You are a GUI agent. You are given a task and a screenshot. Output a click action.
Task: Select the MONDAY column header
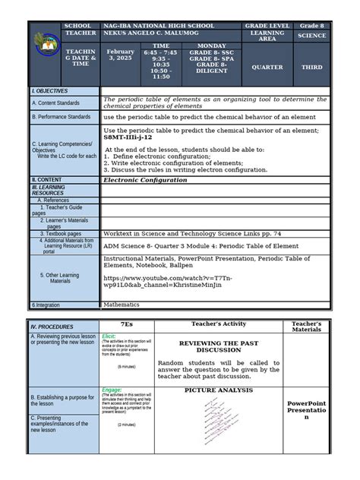pos(211,46)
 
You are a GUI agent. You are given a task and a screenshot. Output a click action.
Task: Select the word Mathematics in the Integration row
pos(122,305)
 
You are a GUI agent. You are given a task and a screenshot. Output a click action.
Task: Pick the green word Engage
pos(111,390)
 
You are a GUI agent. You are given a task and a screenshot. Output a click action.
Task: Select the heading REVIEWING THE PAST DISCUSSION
pos(219,347)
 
